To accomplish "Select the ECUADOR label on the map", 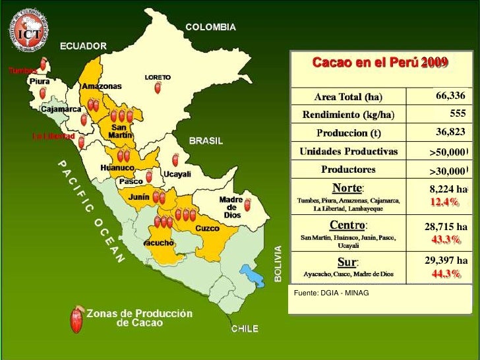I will tap(83, 46).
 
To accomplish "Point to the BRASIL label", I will tap(206, 140).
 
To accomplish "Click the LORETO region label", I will tap(158, 77).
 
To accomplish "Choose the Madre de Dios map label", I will tap(231, 207).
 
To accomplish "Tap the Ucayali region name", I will tap(177, 174).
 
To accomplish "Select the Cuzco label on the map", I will tap(207, 228).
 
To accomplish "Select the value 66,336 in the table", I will tap(450, 96).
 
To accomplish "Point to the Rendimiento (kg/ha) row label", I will tap(348, 115).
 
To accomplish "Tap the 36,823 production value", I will tap(450, 133).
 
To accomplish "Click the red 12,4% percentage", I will tap(445, 201).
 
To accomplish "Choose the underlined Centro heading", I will tap(348, 225).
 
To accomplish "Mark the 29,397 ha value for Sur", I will tap(446, 262).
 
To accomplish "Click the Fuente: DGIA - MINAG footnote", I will tap(332, 292).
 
